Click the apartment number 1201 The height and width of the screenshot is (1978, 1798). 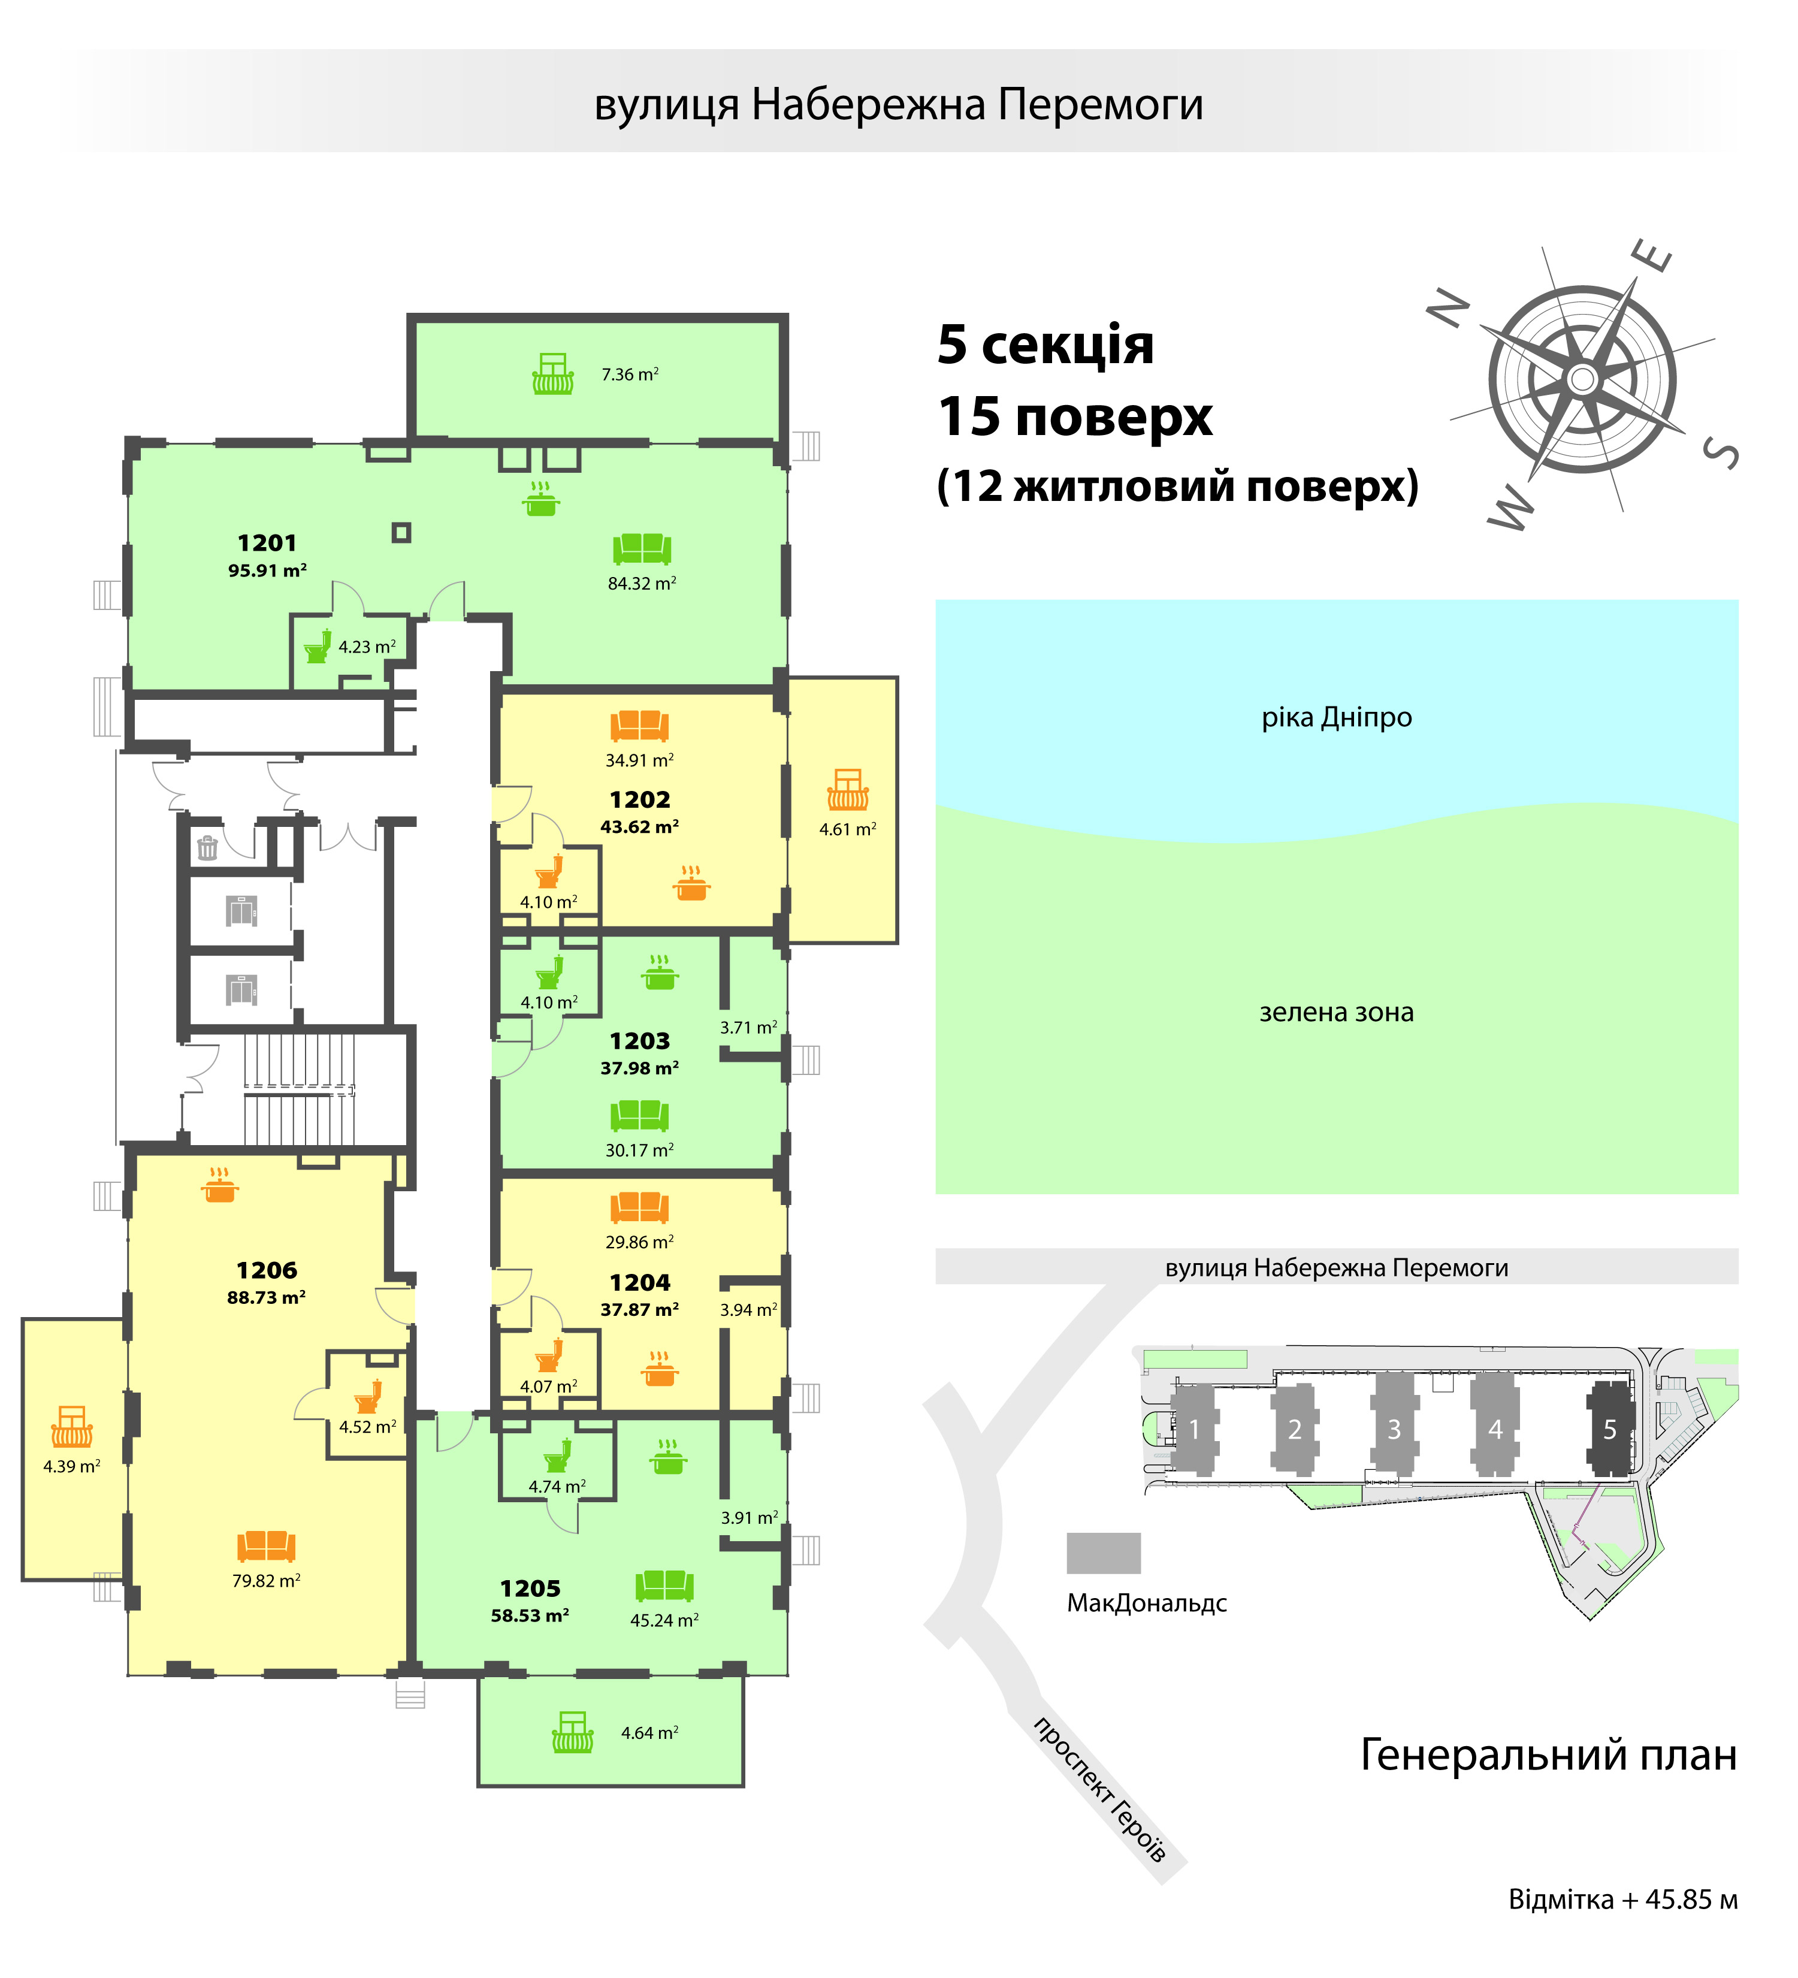(x=267, y=542)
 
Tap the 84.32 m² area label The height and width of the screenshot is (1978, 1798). (x=642, y=584)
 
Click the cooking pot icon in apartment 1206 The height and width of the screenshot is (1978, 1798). (x=220, y=1185)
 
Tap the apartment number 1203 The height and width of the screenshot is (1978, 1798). (x=639, y=1041)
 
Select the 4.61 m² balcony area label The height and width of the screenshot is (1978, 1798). (x=848, y=829)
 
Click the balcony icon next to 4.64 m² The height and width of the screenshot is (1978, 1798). (x=573, y=1733)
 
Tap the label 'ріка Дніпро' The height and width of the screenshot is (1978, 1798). (x=1336, y=717)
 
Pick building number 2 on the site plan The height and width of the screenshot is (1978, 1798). (x=1295, y=1430)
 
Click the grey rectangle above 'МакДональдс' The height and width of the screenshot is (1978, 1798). (x=1104, y=1553)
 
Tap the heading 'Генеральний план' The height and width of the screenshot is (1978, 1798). (x=1549, y=1754)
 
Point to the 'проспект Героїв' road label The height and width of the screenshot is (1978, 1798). (x=1099, y=1789)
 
